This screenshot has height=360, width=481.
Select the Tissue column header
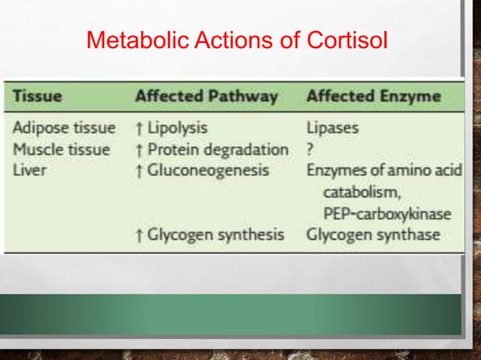37,96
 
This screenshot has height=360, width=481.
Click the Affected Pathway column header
206,96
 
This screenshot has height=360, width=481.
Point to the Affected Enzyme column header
373,96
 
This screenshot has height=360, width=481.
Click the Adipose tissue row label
64,128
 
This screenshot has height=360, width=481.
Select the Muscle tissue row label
61,149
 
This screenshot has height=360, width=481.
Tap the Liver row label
29,170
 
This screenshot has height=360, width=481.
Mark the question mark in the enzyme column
310,149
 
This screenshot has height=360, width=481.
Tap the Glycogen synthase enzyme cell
372,234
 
